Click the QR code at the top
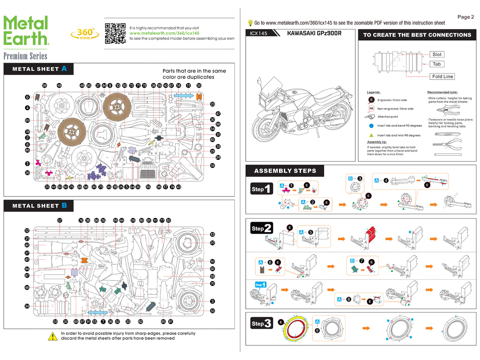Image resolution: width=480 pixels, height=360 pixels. pyautogui.click(x=115, y=33)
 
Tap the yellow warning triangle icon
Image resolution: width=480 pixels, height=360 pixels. pyautogui.click(x=52, y=336)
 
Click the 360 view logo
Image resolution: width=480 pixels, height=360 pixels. pyautogui.click(x=85, y=34)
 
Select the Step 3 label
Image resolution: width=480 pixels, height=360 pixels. pyautogui.click(x=261, y=323)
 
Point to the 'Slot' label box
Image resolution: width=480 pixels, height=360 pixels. pyautogui.click(x=437, y=54)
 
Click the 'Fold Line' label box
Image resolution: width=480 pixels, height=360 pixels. pyautogui.click(x=442, y=76)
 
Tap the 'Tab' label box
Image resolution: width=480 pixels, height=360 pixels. pyautogui.click(x=436, y=64)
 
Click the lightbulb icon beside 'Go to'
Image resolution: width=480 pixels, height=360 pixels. pyautogui.click(x=250, y=23)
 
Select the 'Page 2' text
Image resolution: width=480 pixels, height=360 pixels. pyautogui.click(x=465, y=17)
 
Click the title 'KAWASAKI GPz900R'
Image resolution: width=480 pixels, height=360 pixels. pyautogui.click(x=314, y=33)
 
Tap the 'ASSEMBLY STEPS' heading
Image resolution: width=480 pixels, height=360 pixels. pyautogui.click(x=285, y=171)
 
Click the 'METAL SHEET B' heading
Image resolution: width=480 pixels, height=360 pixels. pyautogui.click(x=40, y=206)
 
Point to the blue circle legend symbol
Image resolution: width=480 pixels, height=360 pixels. pyautogui.click(x=371, y=126)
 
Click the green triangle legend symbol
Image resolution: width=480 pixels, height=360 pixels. pyautogui.click(x=371, y=135)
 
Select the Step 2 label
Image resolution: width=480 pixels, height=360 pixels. pyautogui.click(x=261, y=228)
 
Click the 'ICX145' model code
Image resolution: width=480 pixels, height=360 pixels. pyautogui.click(x=258, y=33)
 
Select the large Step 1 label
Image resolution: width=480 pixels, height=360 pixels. pyautogui.click(x=261, y=189)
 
